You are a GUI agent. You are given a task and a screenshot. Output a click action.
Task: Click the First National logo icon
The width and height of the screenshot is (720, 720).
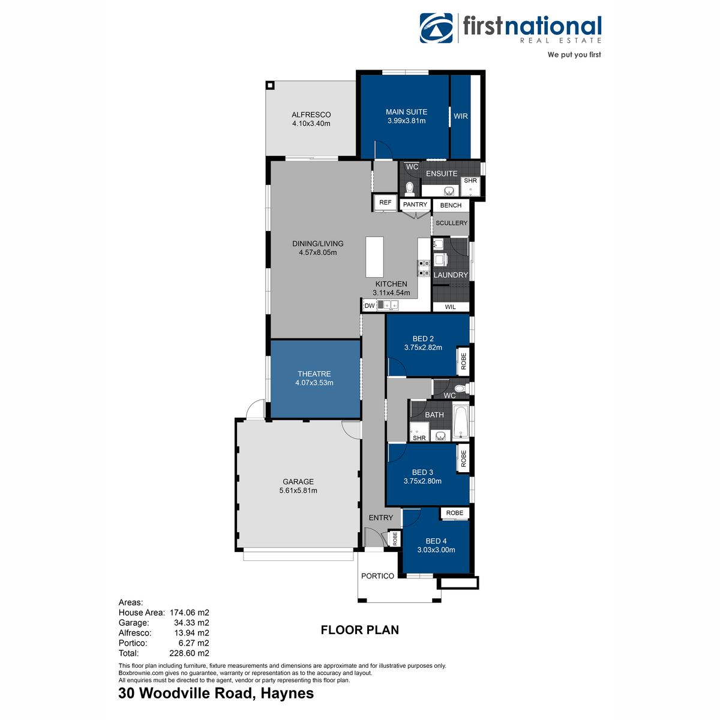[x=437, y=28]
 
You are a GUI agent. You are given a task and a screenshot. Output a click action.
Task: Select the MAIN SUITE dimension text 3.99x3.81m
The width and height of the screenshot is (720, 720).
[x=406, y=121]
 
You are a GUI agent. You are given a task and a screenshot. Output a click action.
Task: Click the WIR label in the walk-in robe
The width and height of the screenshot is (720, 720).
[x=461, y=116]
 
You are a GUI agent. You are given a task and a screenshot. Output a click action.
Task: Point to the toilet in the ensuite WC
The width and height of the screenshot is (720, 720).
[x=410, y=189]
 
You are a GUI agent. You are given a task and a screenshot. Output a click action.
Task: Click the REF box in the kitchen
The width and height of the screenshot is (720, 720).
[x=385, y=203]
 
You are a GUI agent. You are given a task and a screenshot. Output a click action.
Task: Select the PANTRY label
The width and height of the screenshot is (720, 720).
[x=415, y=205]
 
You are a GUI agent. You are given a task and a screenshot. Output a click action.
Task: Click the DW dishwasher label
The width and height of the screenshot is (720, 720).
[x=370, y=306]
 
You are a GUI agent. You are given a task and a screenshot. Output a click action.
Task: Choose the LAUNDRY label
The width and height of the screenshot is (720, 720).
[x=451, y=275]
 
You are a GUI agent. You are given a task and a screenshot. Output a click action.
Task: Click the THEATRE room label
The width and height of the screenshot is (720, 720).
[x=314, y=374]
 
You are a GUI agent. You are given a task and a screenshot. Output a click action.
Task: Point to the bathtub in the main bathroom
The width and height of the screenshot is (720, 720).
[x=461, y=422]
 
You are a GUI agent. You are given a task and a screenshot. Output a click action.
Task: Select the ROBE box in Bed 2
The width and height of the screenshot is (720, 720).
[x=463, y=361]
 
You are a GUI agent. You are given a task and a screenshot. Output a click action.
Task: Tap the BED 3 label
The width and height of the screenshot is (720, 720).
[x=422, y=472]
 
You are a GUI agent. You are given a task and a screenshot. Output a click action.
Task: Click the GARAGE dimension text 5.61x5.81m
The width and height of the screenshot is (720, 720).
[x=298, y=490]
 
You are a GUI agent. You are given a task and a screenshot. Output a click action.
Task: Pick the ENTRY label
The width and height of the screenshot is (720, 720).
[x=381, y=518]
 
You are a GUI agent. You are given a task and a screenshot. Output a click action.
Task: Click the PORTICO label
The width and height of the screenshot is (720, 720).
[x=377, y=576]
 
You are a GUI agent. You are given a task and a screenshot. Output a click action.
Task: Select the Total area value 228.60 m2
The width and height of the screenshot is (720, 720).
[x=189, y=653]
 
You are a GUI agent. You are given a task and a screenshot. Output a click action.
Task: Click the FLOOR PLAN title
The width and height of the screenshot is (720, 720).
[x=359, y=630]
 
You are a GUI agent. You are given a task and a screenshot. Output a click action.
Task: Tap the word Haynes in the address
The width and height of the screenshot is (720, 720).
[x=287, y=694]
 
